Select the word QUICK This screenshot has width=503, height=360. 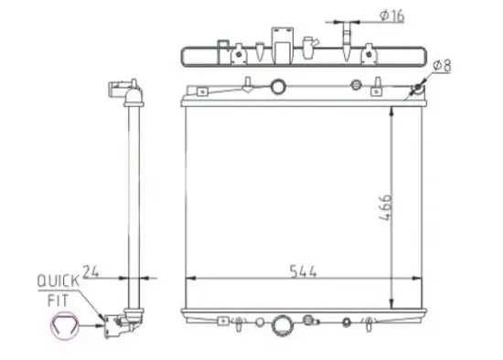pyautogui.click(x=58, y=282)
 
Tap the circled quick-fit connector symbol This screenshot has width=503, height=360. pyautogui.click(x=64, y=325)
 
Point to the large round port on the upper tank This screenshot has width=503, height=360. pyautogui.click(x=278, y=90)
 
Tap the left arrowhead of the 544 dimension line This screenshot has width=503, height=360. pyautogui.click(x=189, y=278)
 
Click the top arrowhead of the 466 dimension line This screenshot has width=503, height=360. pyautogui.click(x=393, y=111)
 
